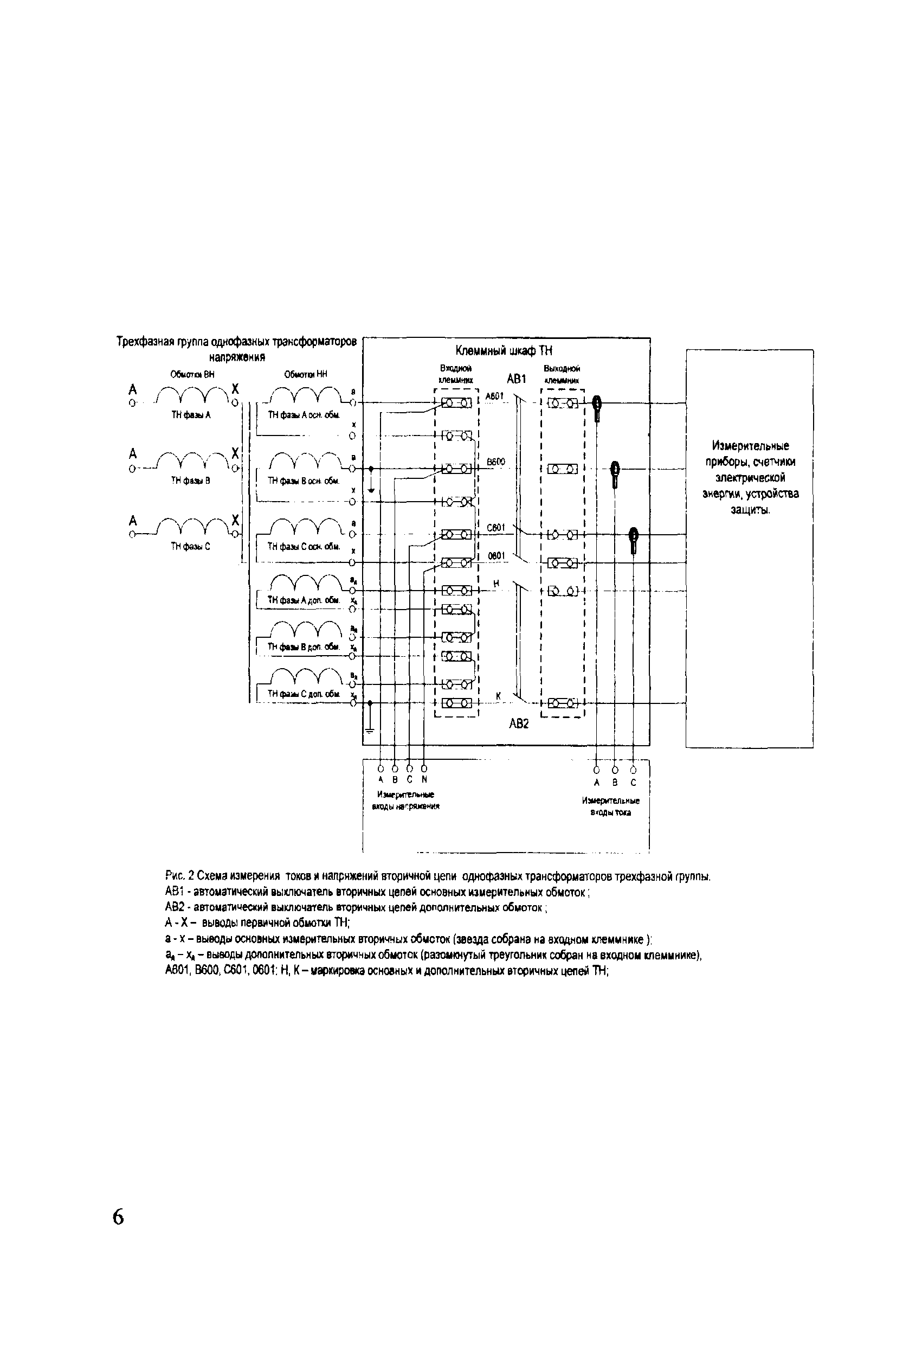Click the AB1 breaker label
[x=517, y=379]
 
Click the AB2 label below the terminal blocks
[x=519, y=723]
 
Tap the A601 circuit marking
[x=495, y=396]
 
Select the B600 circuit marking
[x=496, y=462]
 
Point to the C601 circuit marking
[x=496, y=527]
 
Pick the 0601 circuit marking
[x=496, y=555]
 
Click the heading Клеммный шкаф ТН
[x=504, y=351]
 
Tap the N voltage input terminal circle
[x=424, y=769]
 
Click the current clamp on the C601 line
[x=634, y=537]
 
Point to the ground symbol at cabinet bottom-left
[x=370, y=730]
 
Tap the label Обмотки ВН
[x=192, y=374]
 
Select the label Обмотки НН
[x=305, y=374]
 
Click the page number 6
[x=118, y=1218]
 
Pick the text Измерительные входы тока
[x=611, y=806]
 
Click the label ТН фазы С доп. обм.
[x=303, y=694]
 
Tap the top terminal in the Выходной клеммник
[x=562, y=403]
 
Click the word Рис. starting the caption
[x=173, y=876]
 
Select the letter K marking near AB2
[x=498, y=696]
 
